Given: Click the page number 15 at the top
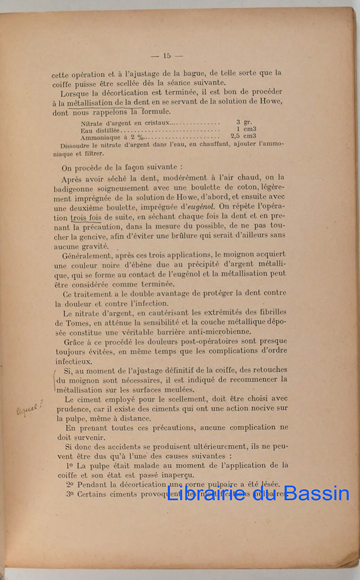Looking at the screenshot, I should click(x=166, y=56).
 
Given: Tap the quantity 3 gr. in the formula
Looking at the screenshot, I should click(x=243, y=122).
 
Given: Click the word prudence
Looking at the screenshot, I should click(x=72, y=408).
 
